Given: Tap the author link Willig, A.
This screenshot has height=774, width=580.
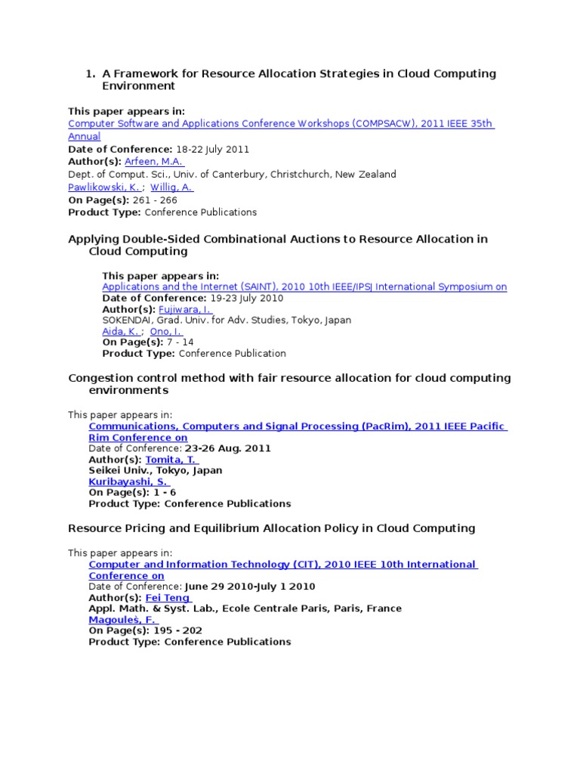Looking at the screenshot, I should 172,187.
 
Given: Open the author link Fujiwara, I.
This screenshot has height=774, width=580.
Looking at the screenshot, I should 184,309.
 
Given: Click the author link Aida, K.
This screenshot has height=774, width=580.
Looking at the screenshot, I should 121,331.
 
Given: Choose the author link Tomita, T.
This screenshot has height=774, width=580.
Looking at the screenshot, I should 171,460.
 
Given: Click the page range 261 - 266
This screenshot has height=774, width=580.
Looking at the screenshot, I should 155,200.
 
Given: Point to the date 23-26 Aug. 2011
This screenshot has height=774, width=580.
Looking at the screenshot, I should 227,448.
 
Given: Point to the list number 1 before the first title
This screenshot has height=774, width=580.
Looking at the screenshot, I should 89,74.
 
